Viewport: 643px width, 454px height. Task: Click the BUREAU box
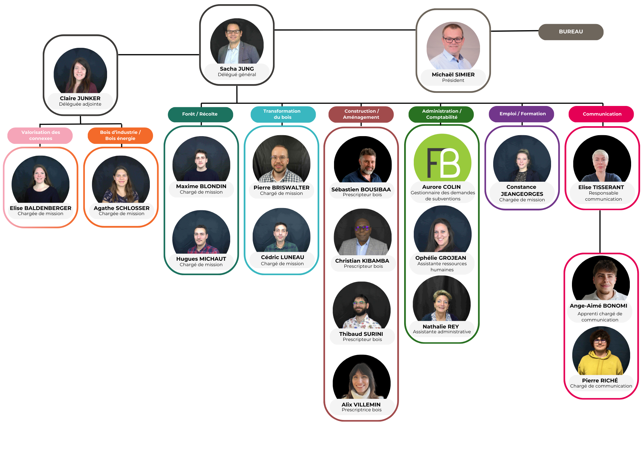(x=571, y=32)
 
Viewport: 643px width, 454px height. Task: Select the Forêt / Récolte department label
(x=200, y=114)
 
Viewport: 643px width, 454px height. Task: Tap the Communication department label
(x=602, y=114)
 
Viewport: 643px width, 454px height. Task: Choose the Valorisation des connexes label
(x=41, y=135)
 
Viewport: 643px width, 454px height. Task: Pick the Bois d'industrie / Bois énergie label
(x=120, y=135)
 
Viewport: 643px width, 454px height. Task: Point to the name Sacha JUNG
(x=237, y=69)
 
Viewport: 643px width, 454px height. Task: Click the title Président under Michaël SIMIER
(x=453, y=81)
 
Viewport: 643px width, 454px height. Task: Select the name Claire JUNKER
(x=80, y=98)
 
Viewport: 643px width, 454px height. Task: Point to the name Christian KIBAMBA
(x=362, y=261)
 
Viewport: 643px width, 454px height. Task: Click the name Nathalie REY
(x=441, y=327)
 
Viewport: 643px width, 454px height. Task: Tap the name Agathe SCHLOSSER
(x=122, y=208)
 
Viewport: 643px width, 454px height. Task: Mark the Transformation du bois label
(x=282, y=114)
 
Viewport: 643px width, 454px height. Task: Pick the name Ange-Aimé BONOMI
(x=598, y=306)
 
